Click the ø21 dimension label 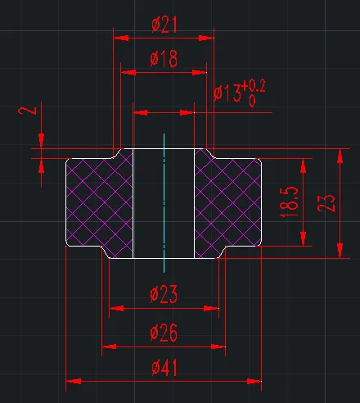click(x=164, y=25)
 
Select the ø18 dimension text click(x=164, y=58)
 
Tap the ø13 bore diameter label click(x=227, y=93)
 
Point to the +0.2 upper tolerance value click(x=254, y=87)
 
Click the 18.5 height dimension click(x=289, y=202)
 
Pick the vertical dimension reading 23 click(x=326, y=202)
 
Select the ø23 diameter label click(x=164, y=294)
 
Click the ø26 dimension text click(x=164, y=333)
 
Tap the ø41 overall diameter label click(x=164, y=368)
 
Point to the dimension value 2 click(x=27, y=111)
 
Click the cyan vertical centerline click(x=164, y=203)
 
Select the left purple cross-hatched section click(x=99, y=203)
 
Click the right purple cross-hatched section click(x=228, y=203)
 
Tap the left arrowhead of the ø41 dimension click(x=74, y=381)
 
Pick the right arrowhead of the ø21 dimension click(x=206, y=38)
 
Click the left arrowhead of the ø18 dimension click(x=128, y=73)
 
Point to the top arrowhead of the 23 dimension click(x=340, y=156)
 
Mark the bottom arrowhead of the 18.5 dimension click(x=304, y=238)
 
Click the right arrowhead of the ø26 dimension click(x=218, y=346)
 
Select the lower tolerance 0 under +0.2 click(x=252, y=101)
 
